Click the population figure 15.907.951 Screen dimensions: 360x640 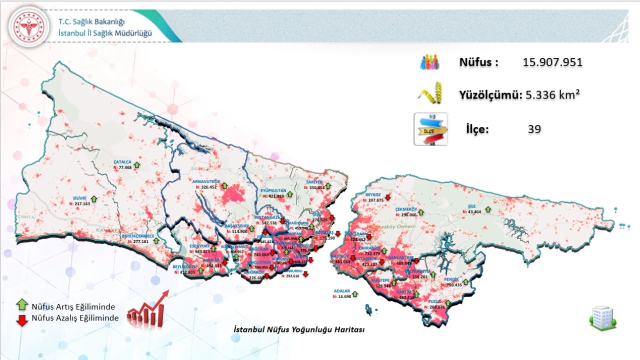[x=552, y=62]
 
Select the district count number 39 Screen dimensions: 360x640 [x=534, y=129]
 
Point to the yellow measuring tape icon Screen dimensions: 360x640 [x=431, y=93]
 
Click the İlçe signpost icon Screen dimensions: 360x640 [x=431, y=129]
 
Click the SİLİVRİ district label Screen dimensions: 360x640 [x=80, y=198]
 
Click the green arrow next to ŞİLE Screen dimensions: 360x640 [x=488, y=209]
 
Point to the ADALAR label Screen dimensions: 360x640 [x=342, y=290]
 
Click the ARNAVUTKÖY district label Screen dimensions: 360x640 [x=206, y=181]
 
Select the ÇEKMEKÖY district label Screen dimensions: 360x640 [x=406, y=208]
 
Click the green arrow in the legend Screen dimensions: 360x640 [x=21, y=304]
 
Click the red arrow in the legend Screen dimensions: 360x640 [x=21, y=320]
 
